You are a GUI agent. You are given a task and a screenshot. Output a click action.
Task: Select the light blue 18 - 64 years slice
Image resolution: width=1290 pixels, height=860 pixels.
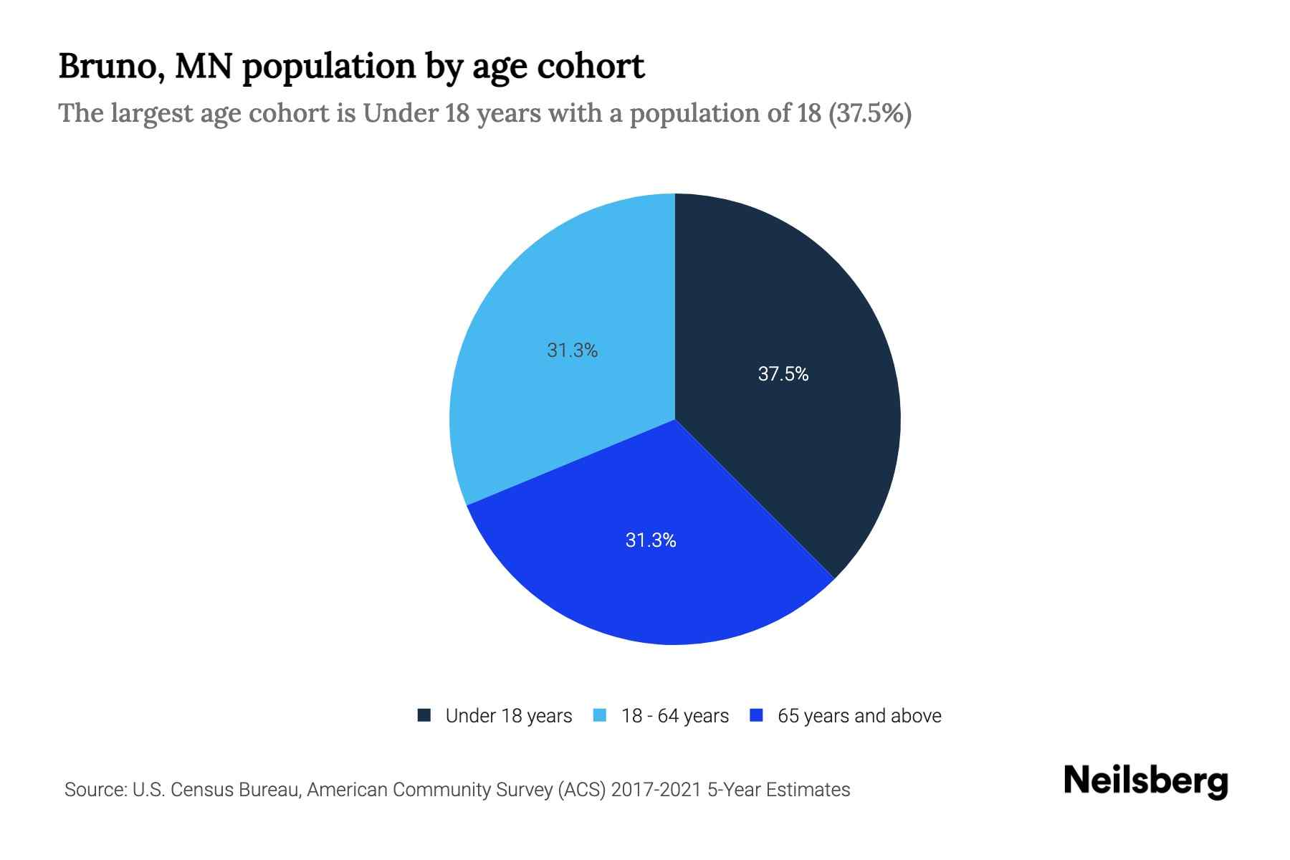[x=545, y=401]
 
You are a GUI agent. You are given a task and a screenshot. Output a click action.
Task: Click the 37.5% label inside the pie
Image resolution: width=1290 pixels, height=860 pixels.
[x=783, y=374]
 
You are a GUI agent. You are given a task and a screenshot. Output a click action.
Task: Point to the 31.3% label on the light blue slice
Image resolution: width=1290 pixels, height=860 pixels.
[x=572, y=350]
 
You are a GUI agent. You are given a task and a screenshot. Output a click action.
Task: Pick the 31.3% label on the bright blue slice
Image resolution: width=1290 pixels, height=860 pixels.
[x=651, y=540]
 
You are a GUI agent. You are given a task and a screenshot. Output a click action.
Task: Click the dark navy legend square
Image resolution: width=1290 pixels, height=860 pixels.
[x=424, y=715]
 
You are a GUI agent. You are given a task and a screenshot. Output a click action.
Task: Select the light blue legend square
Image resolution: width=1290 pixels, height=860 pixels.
[x=600, y=715]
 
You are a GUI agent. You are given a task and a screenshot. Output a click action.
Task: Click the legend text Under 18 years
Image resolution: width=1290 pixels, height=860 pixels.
[x=509, y=716]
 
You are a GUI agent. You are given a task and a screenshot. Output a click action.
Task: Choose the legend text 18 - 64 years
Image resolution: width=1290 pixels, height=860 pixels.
[x=675, y=716]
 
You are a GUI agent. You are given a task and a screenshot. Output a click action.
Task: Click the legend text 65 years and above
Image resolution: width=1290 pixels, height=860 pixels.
[x=859, y=716]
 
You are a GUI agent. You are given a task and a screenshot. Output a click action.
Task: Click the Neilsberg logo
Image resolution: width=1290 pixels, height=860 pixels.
[x=1146, y=781]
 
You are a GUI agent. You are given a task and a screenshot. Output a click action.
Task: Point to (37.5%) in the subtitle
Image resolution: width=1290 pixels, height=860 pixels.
[x=870, y=113]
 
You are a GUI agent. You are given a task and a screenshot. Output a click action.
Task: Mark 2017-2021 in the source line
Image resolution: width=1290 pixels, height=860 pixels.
[x=656, y=790]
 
